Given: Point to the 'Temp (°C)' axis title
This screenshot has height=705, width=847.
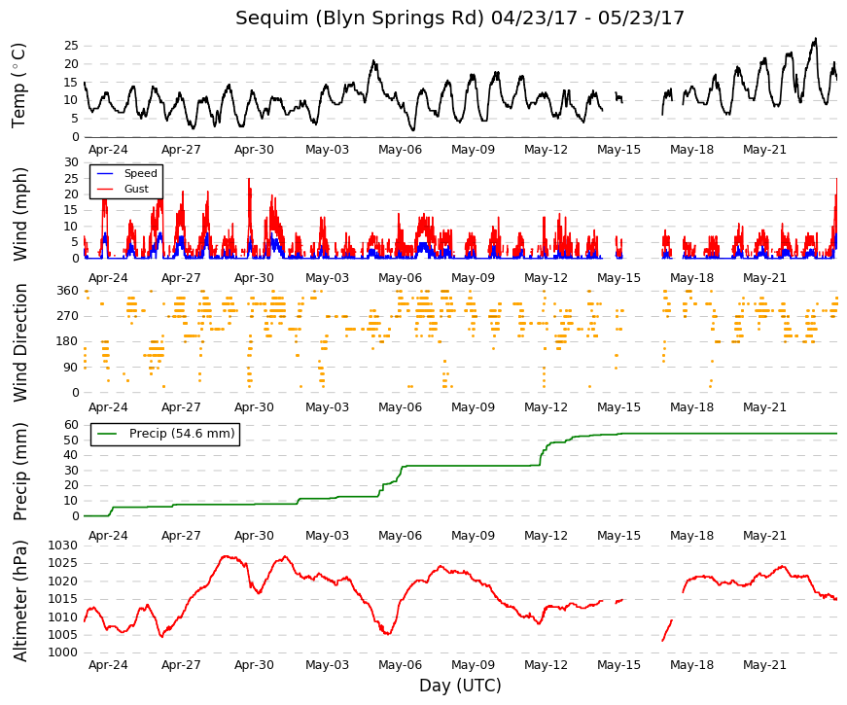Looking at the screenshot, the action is pos(18,86).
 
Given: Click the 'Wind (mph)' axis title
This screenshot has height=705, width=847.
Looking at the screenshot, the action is pos(20,214).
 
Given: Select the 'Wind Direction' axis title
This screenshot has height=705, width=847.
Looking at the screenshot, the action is pos(20,342).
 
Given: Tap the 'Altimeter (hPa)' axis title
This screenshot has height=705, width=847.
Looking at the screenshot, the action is pos(20,601).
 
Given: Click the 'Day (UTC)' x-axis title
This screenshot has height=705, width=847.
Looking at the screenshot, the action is pos(460,686).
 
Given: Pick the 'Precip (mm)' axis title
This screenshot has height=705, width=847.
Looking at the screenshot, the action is pos(20,471).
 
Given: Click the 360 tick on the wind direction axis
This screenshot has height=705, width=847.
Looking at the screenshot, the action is pos(68,291).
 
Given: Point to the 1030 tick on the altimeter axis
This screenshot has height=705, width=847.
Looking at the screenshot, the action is pos(63,546).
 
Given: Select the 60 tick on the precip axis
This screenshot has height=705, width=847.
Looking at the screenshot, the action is pos(71,425).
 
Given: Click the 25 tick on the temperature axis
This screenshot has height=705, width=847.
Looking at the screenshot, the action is pos(71,46).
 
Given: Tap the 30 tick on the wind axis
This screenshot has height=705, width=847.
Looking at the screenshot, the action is pos(71,162).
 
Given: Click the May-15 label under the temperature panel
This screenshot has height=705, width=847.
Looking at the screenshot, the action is pos(618,150).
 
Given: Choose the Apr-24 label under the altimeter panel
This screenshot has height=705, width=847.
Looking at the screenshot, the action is pos(108,665).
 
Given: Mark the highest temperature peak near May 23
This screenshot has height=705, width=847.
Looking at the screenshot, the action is pos(816,38).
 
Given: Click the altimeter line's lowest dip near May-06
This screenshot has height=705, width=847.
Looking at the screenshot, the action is pos(387,634).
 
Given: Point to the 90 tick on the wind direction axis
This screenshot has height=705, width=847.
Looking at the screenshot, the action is pos(71,368).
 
